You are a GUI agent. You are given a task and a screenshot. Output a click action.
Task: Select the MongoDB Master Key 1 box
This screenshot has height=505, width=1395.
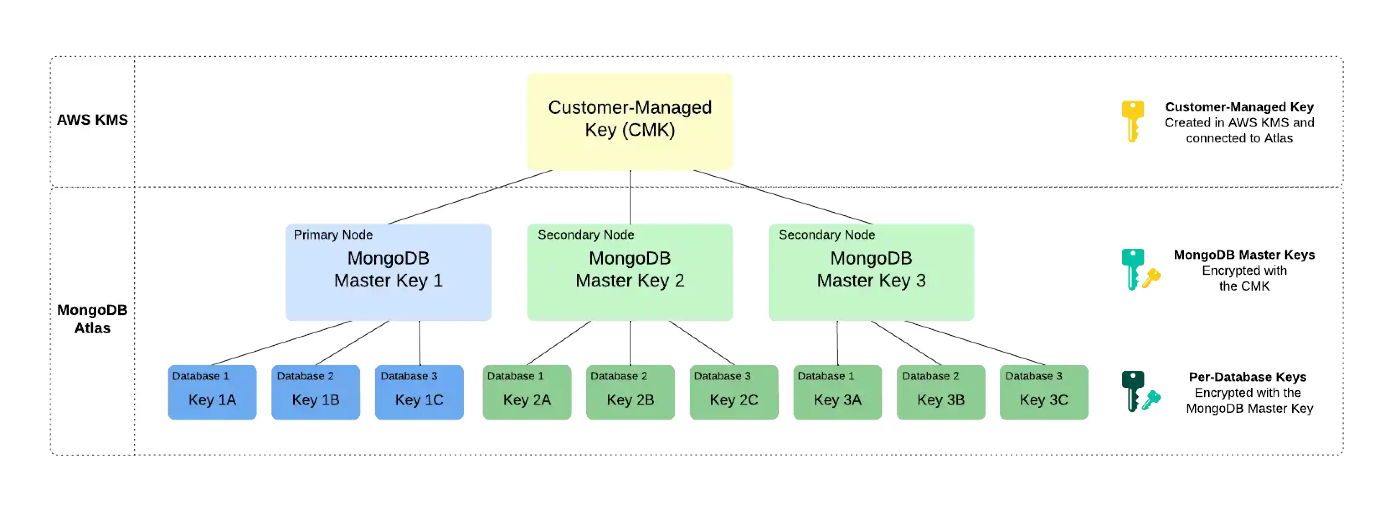(388, 272)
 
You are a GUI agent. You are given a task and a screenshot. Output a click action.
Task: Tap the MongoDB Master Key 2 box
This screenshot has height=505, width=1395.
(629, 272)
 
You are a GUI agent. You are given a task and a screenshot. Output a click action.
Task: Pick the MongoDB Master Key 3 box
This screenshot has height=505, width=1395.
(871, 272)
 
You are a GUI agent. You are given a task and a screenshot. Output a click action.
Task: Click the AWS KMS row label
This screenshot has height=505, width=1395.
(92, 120)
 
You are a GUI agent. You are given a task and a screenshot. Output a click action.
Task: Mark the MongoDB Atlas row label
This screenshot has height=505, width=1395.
(92, 319)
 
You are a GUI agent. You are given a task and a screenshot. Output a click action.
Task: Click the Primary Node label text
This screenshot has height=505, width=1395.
(332, 234)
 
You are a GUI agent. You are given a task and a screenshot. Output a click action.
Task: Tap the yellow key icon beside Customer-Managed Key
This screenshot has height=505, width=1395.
(1132, 120)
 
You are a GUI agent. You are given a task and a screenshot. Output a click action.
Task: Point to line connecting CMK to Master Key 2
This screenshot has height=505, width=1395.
(630, 197)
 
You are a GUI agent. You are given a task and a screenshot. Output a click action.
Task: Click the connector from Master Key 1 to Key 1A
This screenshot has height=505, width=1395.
(282, 343)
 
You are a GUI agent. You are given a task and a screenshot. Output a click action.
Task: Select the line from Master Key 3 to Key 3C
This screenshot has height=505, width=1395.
(975, 343)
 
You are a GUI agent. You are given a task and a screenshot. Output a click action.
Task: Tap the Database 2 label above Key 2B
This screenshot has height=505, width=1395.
(618, 376)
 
